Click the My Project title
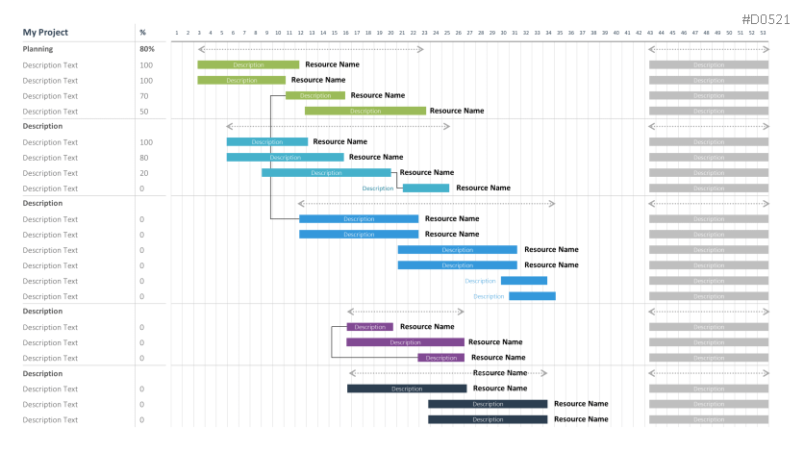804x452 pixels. pyautogui.click(x=45, y=33)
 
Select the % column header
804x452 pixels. pyautogui.click(x=142, y=33)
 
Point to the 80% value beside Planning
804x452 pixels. pyautogui.click(x=146, y=48)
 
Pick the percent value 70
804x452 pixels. pyautogui.click(x=144, y=96)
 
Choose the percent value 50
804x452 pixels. pyautogui.click(x=144, y=112)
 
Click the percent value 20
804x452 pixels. pyautogui.click(x=144, y=173)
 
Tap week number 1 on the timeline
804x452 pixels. pyautogui.click(x=177, y=34)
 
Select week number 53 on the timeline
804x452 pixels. pyautogui.click(x=763, y=34)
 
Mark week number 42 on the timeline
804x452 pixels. pyautogui.click(x=639, y=34)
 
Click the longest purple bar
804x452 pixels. pyautogui.click(x=405, y=342)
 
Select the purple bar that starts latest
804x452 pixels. pyautogui.click(x=440, y=358)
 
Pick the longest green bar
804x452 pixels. pyautogui.click(x=364, y=112)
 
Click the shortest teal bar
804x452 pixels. pyautogui.click(x=425, y=188)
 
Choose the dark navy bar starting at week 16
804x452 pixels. pyautogui.click(x=406, y=389)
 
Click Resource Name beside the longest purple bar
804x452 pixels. pyautogui.click(x=495, y=342)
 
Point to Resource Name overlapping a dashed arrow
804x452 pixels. pyautogui.click(x=500, y=373)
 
